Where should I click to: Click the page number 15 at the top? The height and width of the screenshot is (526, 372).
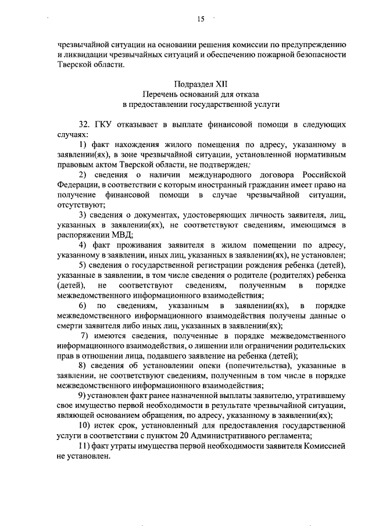200,19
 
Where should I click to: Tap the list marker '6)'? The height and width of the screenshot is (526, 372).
84,305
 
